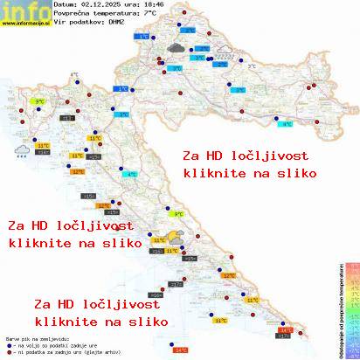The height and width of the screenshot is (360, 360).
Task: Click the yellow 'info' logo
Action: coord(24,10)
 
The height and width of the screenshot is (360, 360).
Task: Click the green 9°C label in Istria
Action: coord(39,102)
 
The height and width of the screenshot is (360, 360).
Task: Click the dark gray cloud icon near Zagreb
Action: coord(175,48)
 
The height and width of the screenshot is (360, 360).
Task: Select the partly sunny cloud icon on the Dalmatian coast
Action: coord(176,237)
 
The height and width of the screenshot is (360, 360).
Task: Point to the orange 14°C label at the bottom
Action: coord(181,350)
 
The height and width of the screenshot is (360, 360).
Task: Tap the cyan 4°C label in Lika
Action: coord(132,175)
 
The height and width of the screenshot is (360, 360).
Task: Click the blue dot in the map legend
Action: coord(9,344)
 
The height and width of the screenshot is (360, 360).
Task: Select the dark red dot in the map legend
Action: coord(9,351)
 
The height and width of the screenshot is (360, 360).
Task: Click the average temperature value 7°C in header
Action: coord(149,13)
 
